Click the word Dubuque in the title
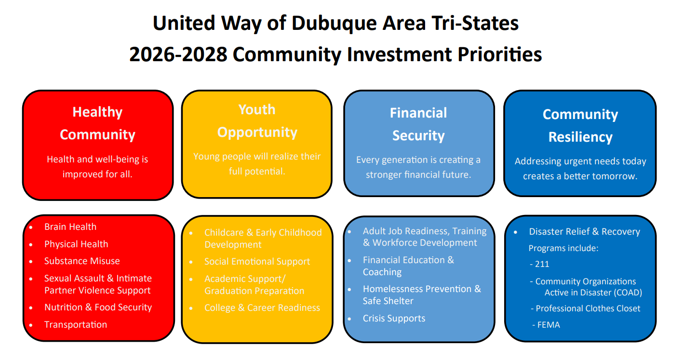(x=334, y=24)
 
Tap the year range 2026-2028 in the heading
(x=178, y=54)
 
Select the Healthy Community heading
(x=97, y=123)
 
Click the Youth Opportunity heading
(x=257, y=121)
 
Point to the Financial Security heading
(x=418, y=124)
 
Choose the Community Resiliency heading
(x=580, y=125)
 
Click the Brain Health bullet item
(x=70, y=227)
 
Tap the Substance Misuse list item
(x=82, y=261)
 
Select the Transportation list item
(x=75, y=325)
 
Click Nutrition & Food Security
(x=98, y=307)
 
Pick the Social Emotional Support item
(x=257, y=262)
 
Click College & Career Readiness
(x=262, y=308)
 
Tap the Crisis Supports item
(x=394, y=319)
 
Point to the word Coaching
(x=382, y=272)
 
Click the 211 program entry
(x=542, y=264)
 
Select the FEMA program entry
(x=549, y=325)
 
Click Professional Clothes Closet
(x=588, y=308)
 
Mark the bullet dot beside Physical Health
(x=31, y=245)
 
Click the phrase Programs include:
(x=563, y=248)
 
